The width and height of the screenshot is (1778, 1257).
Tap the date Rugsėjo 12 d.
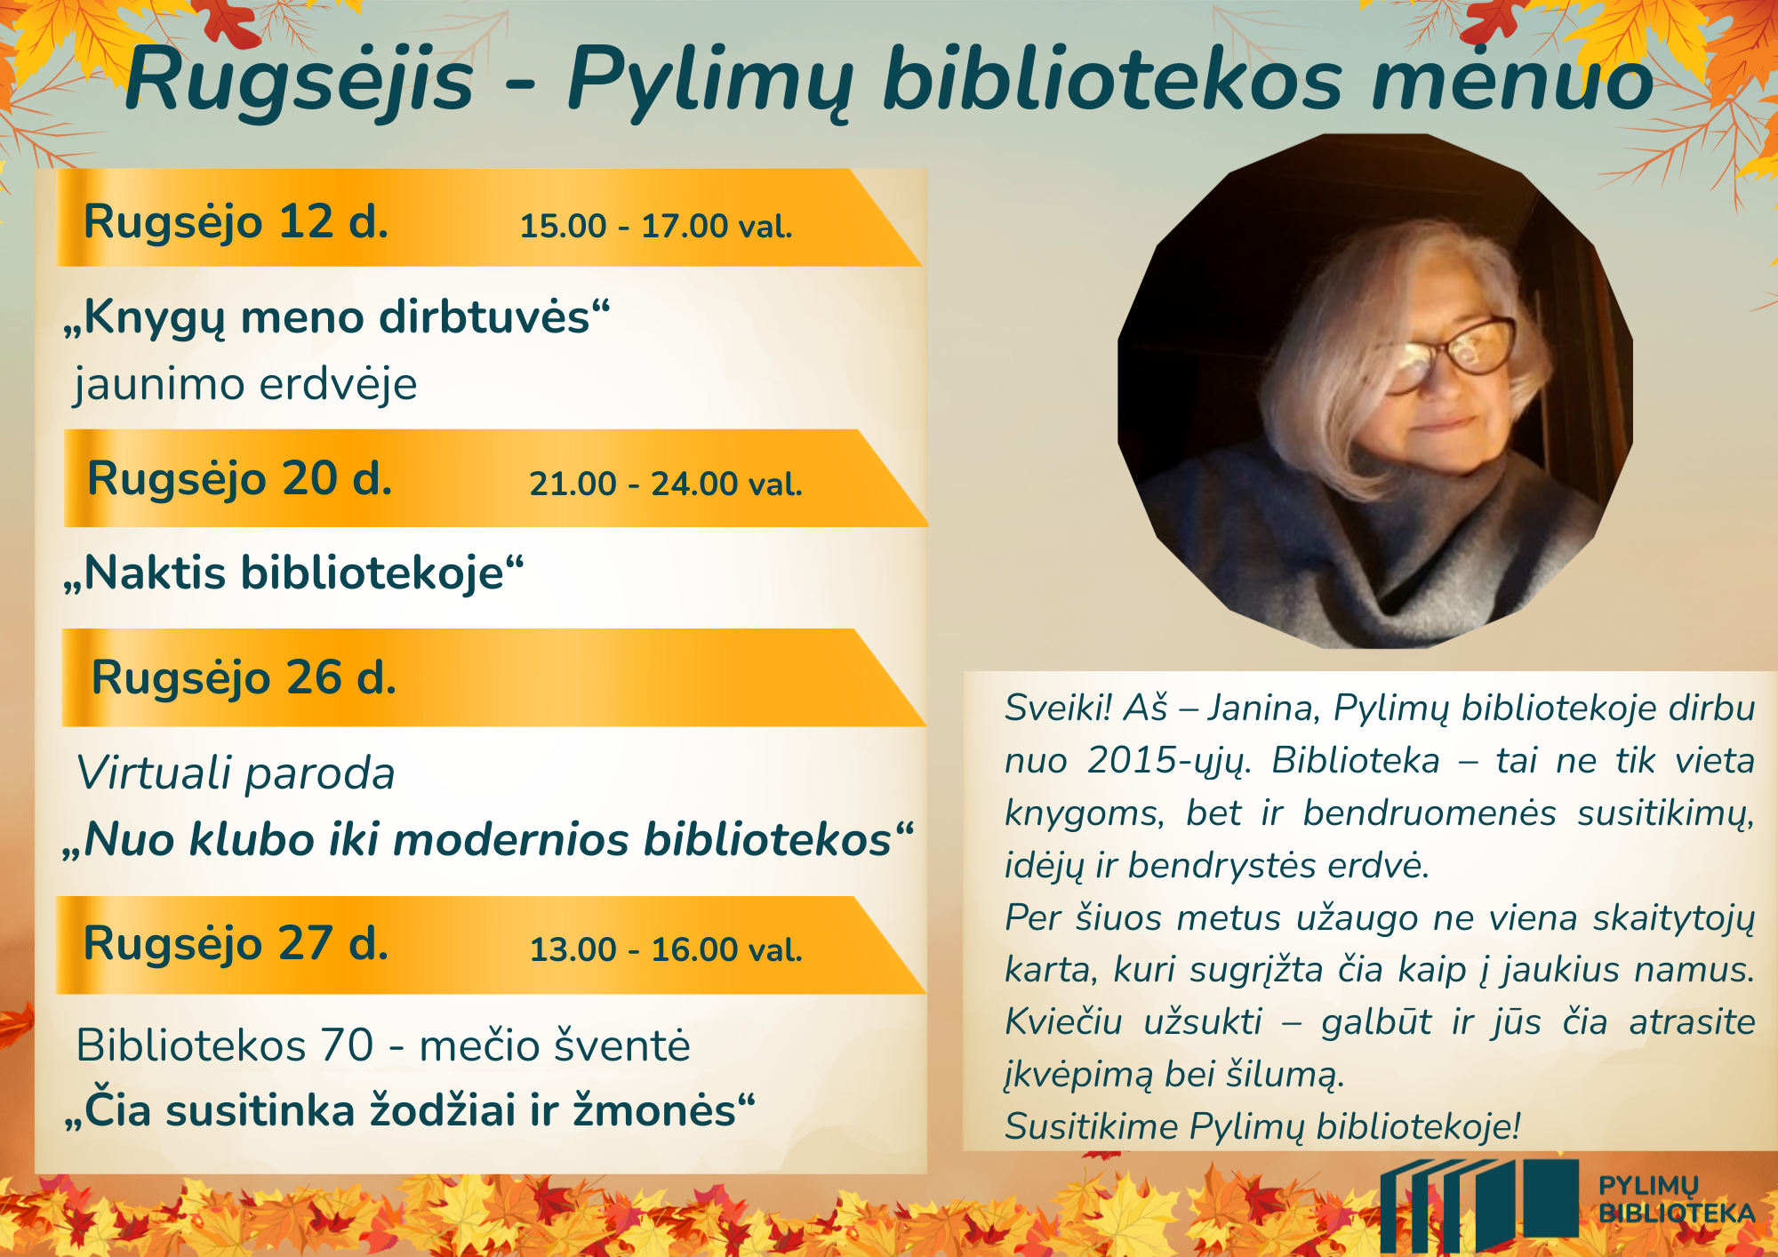[236, 222]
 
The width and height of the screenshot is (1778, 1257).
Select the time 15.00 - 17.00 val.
[656, 226]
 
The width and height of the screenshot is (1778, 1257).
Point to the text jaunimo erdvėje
[245, 384]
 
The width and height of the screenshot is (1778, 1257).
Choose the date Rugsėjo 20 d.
[240, 479]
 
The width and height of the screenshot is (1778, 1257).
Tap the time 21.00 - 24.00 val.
[666, 484]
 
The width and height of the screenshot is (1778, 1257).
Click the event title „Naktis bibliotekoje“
[293, 572]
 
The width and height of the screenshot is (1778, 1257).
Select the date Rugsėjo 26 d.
[244, 678]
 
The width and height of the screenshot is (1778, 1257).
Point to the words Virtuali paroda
[236, 773]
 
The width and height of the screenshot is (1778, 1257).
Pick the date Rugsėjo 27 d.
[236, 944]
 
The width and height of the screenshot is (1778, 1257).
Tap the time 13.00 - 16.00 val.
[667, 949]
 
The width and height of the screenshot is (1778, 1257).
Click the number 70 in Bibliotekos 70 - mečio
[348, 1045]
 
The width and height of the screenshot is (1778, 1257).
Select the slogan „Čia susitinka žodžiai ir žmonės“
[410, 1111]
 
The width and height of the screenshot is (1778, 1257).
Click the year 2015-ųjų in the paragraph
[1169, 762]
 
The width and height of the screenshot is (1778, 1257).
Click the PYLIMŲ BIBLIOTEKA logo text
[1677, 1199]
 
